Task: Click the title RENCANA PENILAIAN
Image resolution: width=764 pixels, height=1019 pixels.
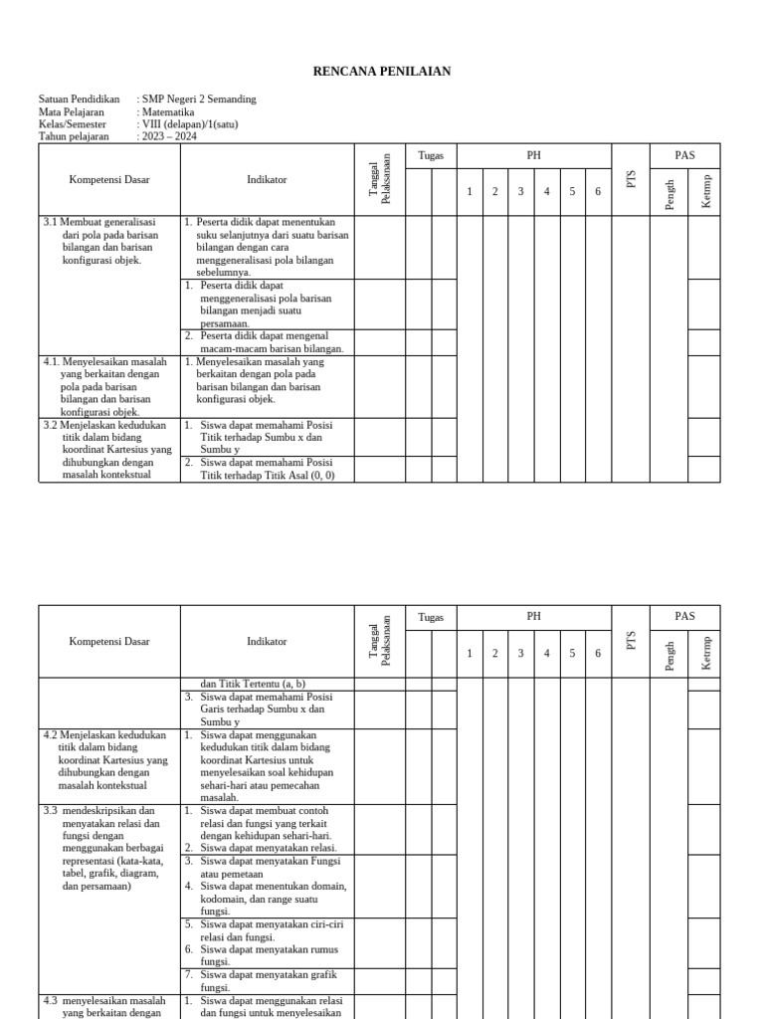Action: point(382,71)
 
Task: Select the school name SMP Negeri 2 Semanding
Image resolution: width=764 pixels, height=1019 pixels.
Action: point(198,100)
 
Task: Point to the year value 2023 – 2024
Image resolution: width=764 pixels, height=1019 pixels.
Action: point(168,137)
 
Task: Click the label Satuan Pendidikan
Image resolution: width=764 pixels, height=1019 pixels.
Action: point(79,100)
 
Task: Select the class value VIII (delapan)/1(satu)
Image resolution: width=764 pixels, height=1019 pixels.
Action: point(190,125)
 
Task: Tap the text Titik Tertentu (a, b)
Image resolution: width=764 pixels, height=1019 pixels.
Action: point(254,684)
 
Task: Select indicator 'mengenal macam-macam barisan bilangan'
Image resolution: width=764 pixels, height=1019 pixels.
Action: point(270,342)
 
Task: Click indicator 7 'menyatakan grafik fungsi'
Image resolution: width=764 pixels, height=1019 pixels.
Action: point(269,981)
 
